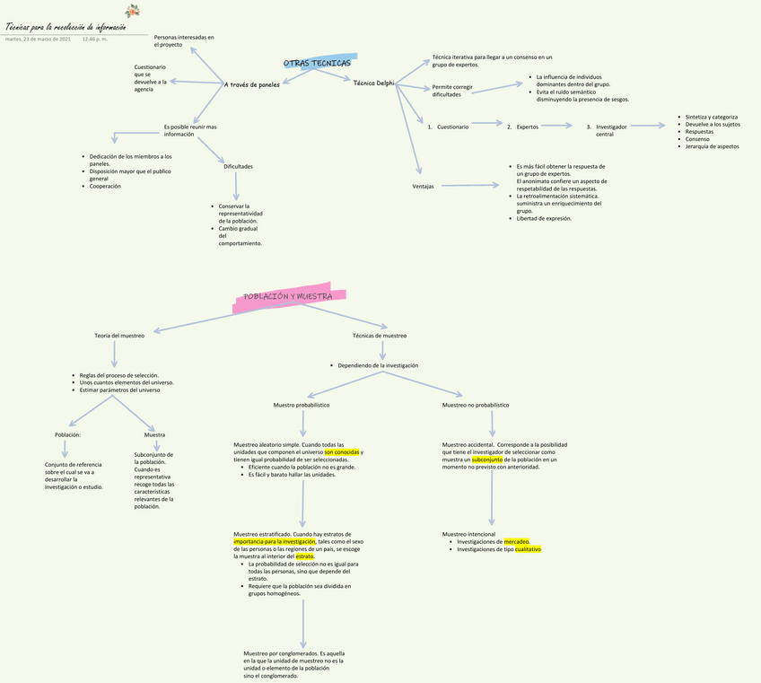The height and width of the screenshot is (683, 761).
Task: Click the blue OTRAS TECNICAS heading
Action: coord(317,64)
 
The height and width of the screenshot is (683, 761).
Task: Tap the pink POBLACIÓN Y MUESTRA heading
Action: coord(288,297)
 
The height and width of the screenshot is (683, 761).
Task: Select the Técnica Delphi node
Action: coord(373,83)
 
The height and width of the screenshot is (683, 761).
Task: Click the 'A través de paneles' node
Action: coord(252,84)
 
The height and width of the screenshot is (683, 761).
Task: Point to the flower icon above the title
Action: coord(133,11)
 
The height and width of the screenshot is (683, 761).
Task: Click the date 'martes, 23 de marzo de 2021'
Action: coord(38,39)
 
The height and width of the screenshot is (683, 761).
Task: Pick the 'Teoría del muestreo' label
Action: coord(119,336)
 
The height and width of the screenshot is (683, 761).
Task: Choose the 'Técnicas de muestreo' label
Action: coord(380,336)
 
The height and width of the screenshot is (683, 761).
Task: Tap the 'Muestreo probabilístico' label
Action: coord(302,406)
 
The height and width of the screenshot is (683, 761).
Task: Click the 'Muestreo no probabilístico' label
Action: coord(475,406)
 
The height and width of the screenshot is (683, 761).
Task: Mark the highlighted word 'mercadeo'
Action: coord(516,542)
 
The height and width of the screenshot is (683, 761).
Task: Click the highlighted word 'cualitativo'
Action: coord(527,549)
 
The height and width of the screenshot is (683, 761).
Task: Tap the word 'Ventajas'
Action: coord(423,187)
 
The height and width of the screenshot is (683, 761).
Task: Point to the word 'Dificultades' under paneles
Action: coord(238,166)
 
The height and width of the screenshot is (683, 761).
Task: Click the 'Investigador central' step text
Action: coord(611,130)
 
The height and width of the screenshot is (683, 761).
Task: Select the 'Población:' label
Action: coord(67,434)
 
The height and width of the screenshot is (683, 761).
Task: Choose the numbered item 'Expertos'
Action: coord(527,127)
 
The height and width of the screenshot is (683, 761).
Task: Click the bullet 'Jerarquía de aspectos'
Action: coord(712,146)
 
